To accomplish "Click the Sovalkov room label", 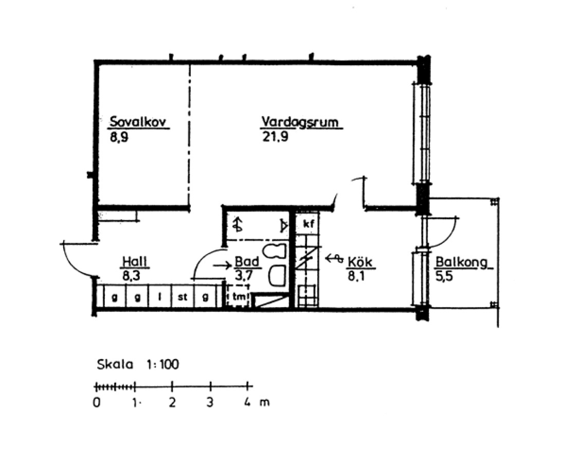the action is point(138,122).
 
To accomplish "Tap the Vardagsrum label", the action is point(300,122).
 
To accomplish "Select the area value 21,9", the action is point(275,137).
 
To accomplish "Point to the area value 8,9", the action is point(119,137).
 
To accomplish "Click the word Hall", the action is point(135,261).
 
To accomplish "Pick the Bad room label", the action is point(247,262).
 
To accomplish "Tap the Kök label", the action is point(360,262).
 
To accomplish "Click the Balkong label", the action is point(462,262).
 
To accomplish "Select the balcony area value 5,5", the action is point(444,276).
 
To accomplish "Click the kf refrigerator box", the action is point(308,224).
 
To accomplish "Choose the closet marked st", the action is point(183,296).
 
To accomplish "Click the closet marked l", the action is point(160,296).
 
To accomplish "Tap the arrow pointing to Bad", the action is point(223,265).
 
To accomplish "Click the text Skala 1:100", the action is point(138,364).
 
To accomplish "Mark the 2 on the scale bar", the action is point(172,402).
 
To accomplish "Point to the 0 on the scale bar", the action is point(97,402).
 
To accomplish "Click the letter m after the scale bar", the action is point(264,403).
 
